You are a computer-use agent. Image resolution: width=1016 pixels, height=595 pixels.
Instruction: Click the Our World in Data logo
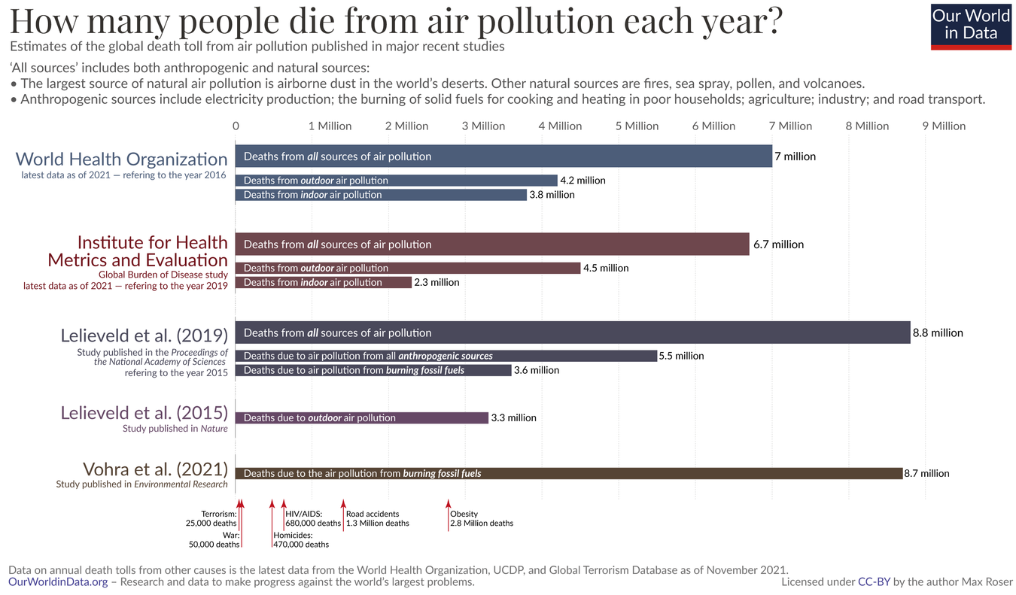click(971, 26)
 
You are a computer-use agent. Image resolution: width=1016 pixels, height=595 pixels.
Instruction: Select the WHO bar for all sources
click(503, 156)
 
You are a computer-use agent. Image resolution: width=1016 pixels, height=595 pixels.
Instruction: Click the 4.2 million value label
click(583, 181)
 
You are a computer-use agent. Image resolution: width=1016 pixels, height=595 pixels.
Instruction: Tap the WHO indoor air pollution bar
click(381, 195)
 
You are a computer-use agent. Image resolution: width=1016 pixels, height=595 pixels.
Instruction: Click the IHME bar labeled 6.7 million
click(492, 244)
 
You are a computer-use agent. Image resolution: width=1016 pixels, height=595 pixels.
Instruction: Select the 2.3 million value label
click(437, 282)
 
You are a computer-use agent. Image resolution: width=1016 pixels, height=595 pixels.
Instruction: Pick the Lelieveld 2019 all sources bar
click(572, 332)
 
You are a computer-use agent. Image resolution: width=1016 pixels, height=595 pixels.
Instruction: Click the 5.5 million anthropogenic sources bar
click(446, 356)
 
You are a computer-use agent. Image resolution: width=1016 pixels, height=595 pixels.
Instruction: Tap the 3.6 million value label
click(537, 370)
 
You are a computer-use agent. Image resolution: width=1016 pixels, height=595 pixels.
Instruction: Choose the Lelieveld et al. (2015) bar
click(361, 417)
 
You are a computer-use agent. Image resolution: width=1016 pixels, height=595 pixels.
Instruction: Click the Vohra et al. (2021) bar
click(568, 473)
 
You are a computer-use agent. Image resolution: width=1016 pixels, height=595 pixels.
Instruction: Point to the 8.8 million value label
click(938, 332)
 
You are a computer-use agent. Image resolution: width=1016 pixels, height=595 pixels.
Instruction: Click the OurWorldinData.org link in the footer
click(58, 582)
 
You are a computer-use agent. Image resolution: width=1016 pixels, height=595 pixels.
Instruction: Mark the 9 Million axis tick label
click(944, 126)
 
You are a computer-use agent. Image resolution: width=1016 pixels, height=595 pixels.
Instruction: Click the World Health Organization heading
click(121, 159)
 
